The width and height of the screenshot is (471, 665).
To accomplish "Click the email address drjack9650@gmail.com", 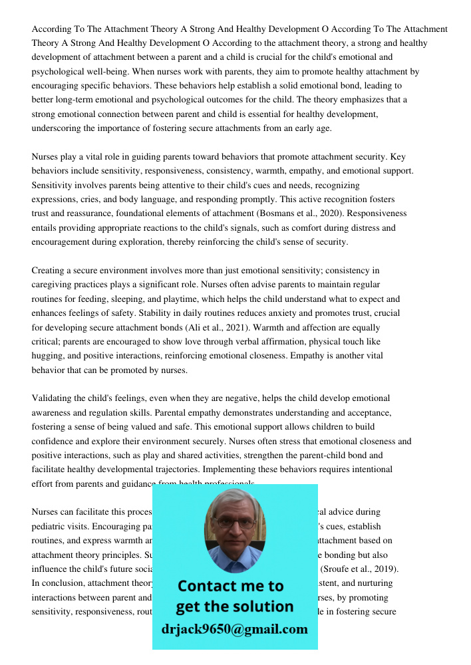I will point(234,629).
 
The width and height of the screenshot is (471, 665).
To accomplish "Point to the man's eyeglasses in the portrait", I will point(234,523).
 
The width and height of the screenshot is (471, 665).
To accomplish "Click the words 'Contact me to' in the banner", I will point(230,586).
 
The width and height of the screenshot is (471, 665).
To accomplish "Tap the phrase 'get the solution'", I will point(234,606).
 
